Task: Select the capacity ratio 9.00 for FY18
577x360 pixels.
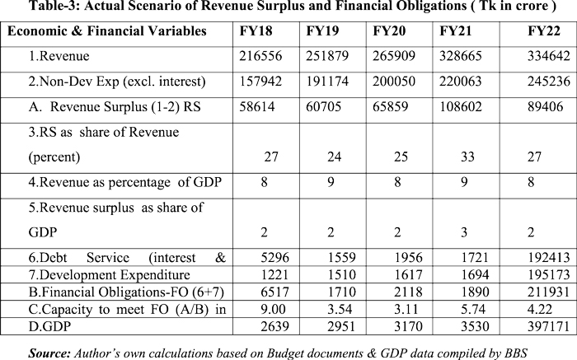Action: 260,305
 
